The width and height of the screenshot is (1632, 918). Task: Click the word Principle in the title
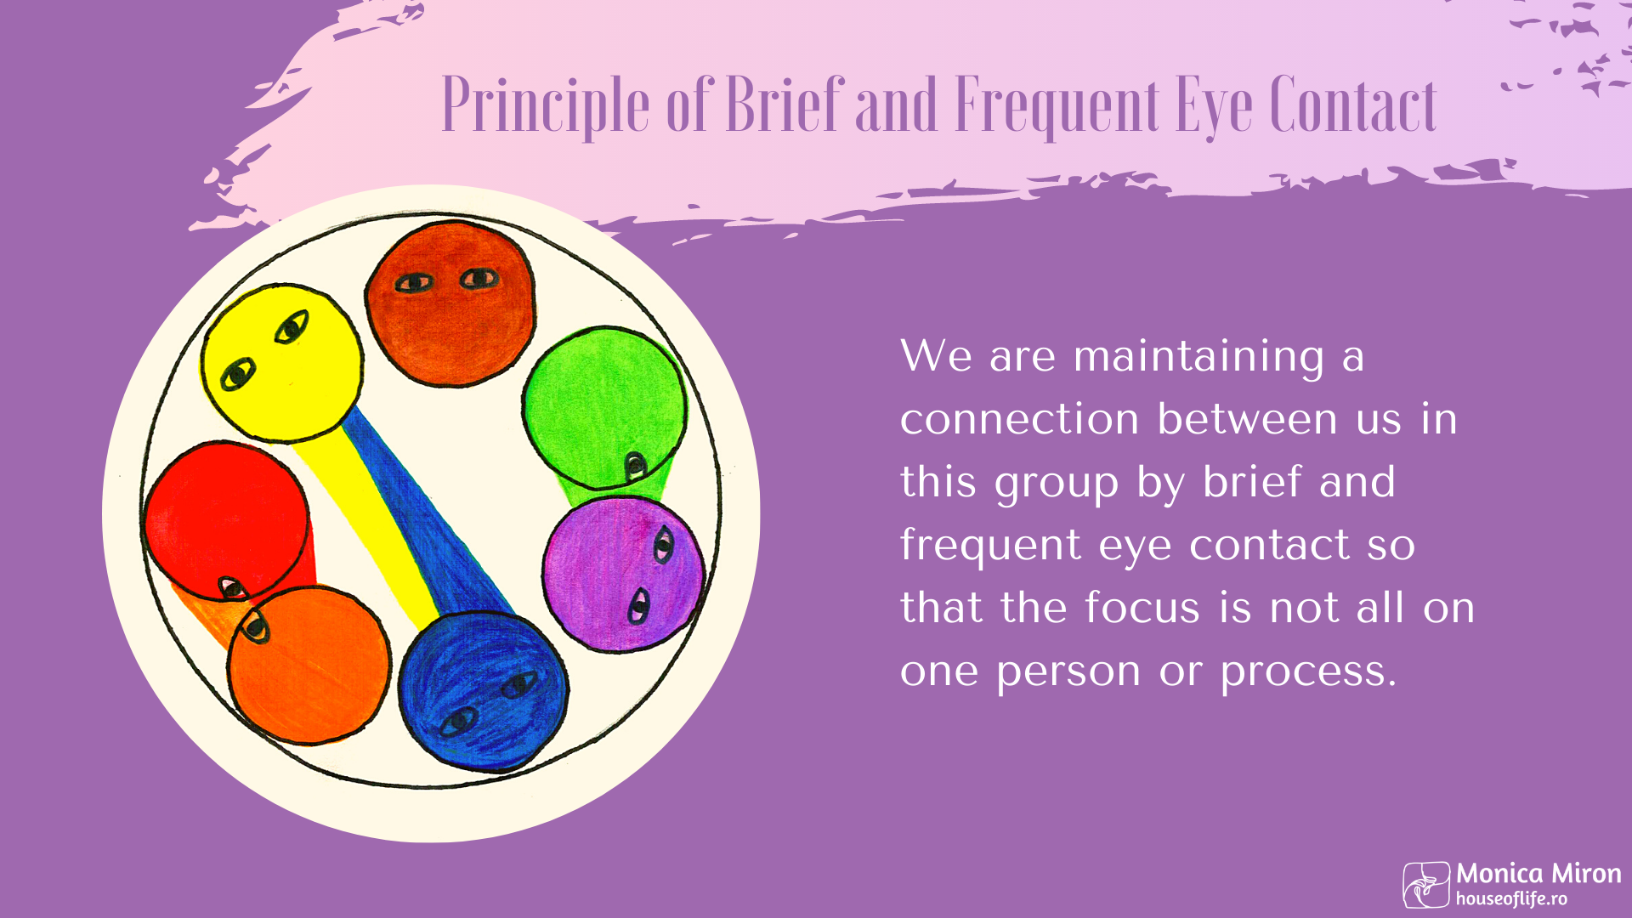pyautogui.click(x=546, y=106)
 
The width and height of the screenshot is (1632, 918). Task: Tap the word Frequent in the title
pyautogui.click(x=1058, y=106)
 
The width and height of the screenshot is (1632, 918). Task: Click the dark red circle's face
pyautogui.click(x=450, y=303)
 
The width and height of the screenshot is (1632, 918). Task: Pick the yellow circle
pyautogui.click(x=282, y=363)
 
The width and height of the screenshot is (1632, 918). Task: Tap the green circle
pyautogui.click(x=604, y=408)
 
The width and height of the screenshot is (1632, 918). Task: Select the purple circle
pyautogui.click(x=624, y=575)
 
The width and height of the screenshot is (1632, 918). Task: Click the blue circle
pyautogui.click(x=484, y=691)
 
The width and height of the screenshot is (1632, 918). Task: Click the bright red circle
pyautogui.click(x=226, y=521)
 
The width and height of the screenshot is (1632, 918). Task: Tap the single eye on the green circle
pyautogui.click(x=635, y=465)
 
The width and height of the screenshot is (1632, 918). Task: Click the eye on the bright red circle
pyautogui.click(x=232, y=587)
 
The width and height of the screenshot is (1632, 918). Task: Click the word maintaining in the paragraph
pyautogui.click(x=1198, y=357)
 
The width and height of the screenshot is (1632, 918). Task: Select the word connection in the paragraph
pyautogui.click(x=1019, y=419)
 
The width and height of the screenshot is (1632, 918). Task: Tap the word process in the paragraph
pyautogui.click(x=1309, y=672)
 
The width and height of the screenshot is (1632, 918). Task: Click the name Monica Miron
pyautogui.click(x=1538, y=874)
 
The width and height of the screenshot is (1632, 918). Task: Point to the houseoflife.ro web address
pyautogui.click(x=1511, y=898)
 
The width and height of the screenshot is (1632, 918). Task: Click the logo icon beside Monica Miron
pyautogui.click(x=1426, y=885)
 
